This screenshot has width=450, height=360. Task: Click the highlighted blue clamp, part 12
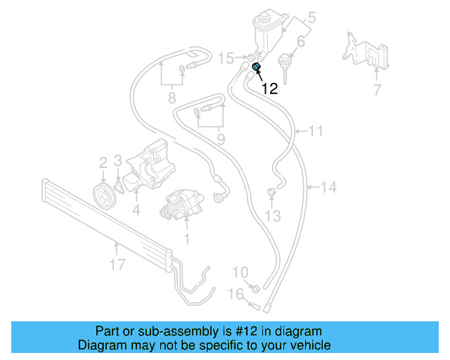tap(256, 67)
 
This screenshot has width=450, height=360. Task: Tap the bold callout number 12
tap(269, 89)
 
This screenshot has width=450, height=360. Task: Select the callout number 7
tap(377, 90)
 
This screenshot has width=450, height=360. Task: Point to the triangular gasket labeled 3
tap(119, 187)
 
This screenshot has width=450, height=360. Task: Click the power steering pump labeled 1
tap(181, 205)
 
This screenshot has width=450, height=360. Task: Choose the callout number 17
tap(117, 264)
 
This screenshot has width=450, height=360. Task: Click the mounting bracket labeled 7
tap(366, 51)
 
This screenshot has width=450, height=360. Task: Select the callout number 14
tap(328, 188)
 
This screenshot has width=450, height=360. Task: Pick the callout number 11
tap(316, 131)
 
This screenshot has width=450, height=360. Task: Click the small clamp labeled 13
tap(272, 192)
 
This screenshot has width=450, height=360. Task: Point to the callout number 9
tap(221, 139)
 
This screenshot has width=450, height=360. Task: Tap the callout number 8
tap(172, 98)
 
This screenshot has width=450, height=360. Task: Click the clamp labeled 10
tap(255, 288)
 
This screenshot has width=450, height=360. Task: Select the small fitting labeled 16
tap(255, 306)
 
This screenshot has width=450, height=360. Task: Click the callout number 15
tap(226, 58)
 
